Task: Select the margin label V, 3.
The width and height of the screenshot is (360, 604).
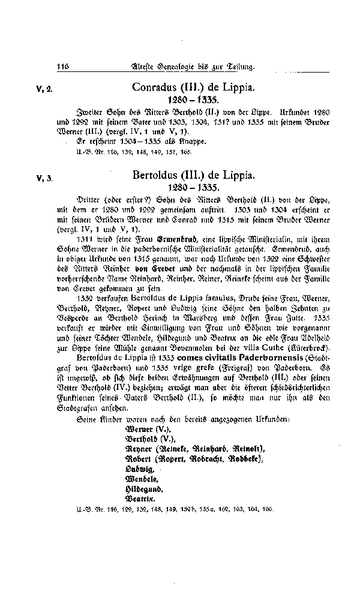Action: point(44,178)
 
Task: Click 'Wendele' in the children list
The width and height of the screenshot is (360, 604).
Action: point(141,480)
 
